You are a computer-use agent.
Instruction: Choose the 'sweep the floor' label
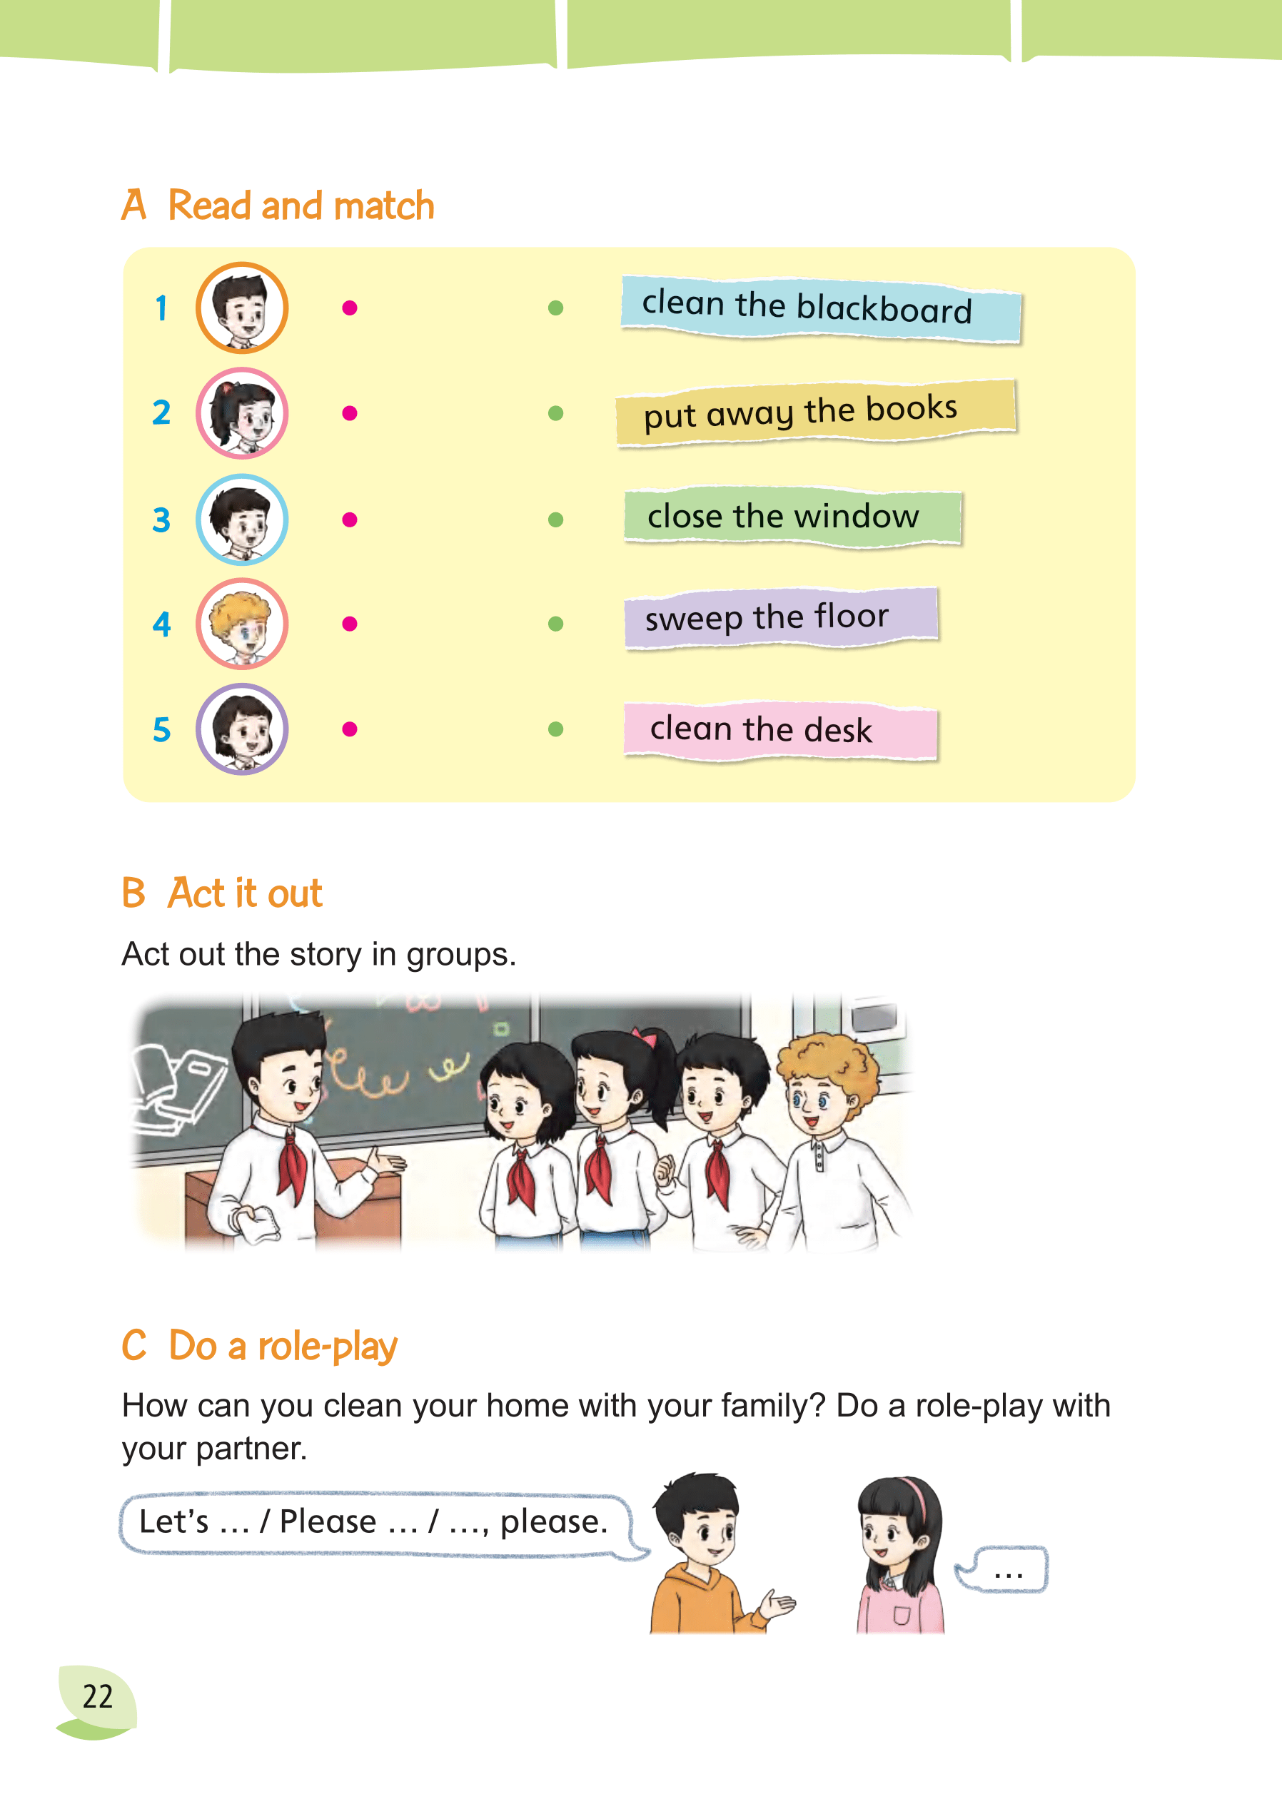coord(781,618)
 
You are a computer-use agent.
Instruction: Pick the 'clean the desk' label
coord(780,730)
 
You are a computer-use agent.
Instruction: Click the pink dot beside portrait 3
coord(350,520)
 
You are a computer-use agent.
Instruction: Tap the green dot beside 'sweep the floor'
coord(556,624)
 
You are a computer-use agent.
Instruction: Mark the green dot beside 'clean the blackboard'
coord(556,308)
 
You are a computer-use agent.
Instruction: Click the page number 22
coord(98,1696)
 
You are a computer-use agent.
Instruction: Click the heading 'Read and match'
coord(301,206)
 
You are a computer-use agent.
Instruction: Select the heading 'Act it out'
coord(246,893)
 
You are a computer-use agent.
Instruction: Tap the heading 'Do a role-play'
coord(283,1346)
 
